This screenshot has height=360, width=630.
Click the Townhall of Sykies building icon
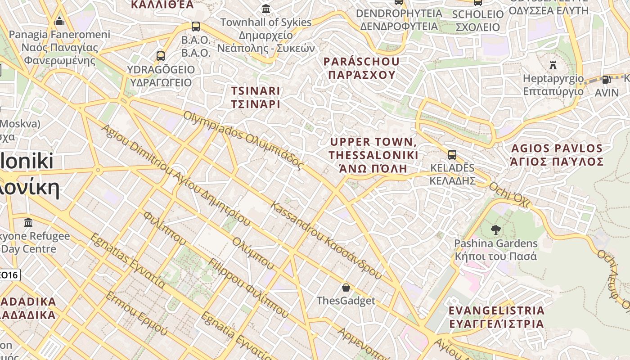pos(266,9)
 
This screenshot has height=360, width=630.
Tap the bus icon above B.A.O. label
pos(195,27)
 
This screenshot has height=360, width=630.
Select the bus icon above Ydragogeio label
pos(161,56)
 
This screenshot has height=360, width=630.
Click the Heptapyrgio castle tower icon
pos(553,65)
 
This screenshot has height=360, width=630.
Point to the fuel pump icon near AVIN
pos(607,80)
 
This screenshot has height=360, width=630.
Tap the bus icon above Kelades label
pos(452,155)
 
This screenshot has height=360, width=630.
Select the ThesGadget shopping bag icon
pos(346,287)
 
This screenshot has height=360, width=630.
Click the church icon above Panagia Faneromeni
pos(59,21)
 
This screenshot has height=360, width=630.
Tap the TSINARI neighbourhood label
pos(256,97)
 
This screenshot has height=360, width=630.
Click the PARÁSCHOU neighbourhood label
pos(361,68)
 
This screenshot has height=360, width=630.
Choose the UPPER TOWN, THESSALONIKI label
pos(373,155)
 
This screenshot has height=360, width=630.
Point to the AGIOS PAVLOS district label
pos(557,155)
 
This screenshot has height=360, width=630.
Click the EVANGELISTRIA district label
pos(496,317)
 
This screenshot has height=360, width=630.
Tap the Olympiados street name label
pos(243,140)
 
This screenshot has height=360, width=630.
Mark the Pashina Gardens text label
pos(495,250)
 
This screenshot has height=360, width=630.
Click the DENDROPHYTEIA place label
pos(399,20)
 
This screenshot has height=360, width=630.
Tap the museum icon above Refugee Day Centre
pos(29,222)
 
